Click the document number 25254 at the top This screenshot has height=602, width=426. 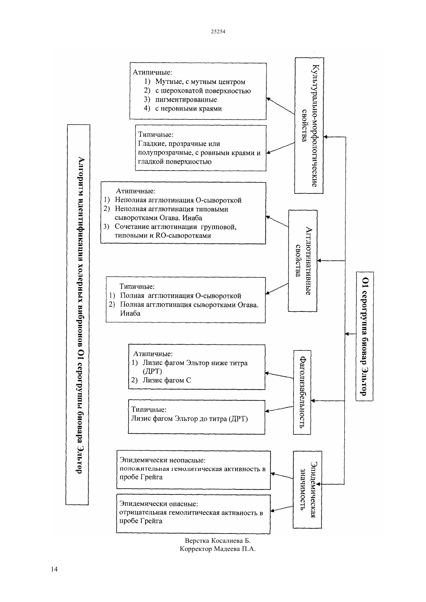(218, 31)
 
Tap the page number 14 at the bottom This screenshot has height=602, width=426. (54, 569)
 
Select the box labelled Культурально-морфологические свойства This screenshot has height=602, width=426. (309, 125)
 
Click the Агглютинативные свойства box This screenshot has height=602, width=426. (303, 261)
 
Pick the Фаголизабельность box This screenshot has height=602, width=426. (302, 392)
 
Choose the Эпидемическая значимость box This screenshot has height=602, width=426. (307, 490)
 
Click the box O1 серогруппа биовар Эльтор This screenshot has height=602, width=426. (365, 337)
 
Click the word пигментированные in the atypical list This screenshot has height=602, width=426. (186, 100)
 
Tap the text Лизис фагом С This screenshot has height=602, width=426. (167, 380)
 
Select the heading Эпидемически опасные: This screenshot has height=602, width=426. (159, 503)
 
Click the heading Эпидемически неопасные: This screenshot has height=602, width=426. (162, 460)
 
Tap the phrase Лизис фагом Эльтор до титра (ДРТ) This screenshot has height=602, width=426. (189, 419)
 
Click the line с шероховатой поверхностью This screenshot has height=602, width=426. (203, 91)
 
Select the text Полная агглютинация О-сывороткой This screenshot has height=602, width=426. (180, 296)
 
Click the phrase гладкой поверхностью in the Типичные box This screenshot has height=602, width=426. (175, 162)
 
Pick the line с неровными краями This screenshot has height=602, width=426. (189, 109)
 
